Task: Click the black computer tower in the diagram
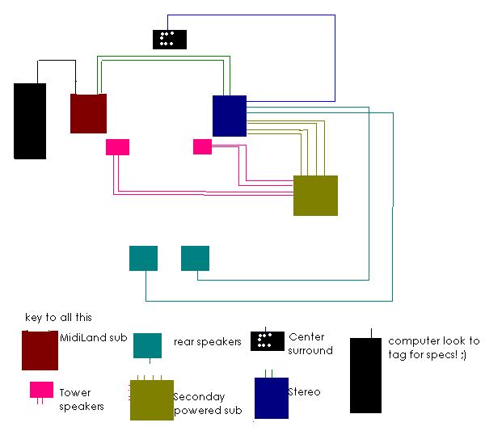tap(30, 120)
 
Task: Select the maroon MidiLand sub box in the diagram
tap(88, 113)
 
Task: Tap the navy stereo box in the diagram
tap(230, 116)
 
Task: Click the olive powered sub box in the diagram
tap(315, 195)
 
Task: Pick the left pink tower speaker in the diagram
tap(117, 146)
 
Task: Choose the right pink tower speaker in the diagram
tap(202, 146)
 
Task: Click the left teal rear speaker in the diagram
tap(143, 258)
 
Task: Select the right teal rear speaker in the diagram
tap(195, 258)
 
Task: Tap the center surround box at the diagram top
tap(170, 39)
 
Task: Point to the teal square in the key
tap(146, 345)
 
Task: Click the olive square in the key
tap(152, 399)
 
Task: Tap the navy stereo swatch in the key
tap(271, 398)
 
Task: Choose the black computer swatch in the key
tap(365, 375)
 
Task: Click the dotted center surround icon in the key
tap(266, 341)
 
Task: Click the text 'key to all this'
tap(58, 318)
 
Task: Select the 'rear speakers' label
tap(207, 342)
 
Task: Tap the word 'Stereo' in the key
tap(304, 392)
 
